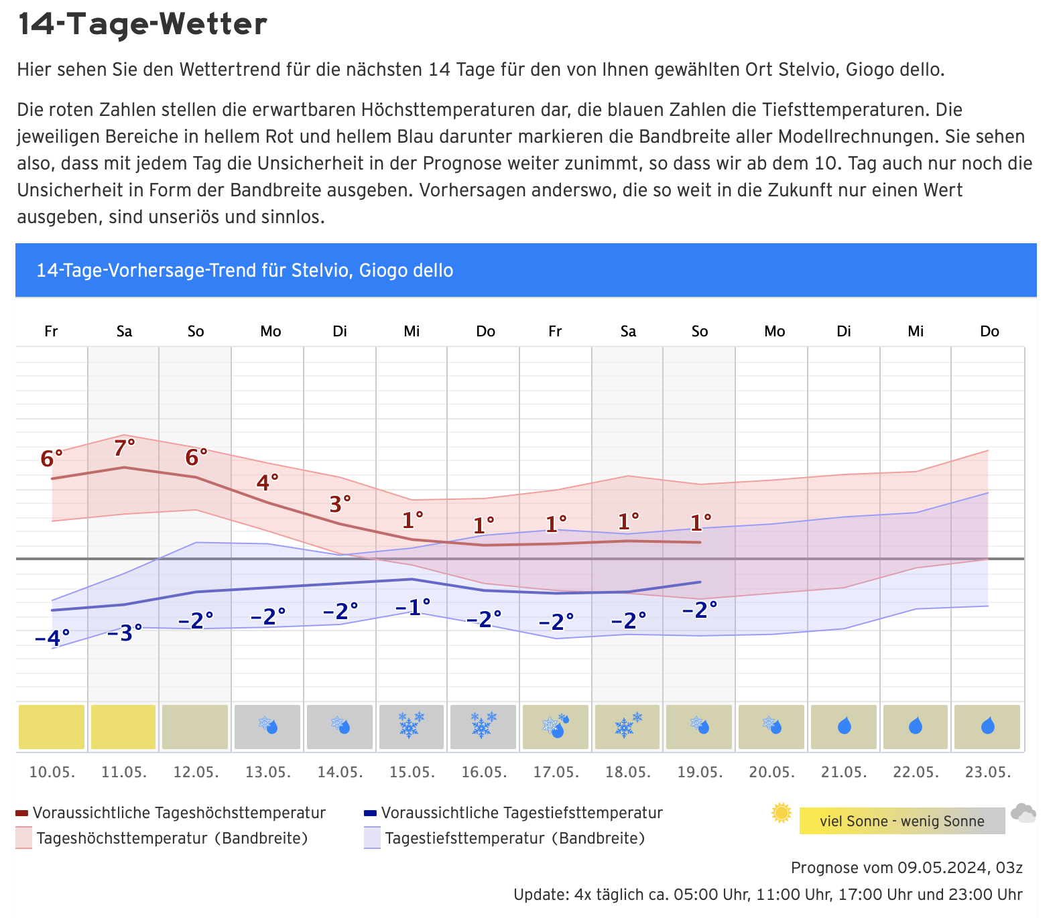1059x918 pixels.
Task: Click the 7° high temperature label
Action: (x=124, y=448)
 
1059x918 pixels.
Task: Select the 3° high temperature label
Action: (x=340, y=504)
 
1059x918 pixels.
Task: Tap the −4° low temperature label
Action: (x=52, y=638)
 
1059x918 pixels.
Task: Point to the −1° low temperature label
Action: (x=412, y=607)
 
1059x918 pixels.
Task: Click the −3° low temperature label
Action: (x=125, y=633)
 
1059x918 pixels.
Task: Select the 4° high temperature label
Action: (x=267, y=482)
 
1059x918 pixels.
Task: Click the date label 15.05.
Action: (x=412, y=772)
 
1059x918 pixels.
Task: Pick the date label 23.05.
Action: (x=988, y=772)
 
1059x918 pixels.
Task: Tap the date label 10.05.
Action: (x=52, y=772)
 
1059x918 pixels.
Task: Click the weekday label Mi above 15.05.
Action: (x=412, y=331)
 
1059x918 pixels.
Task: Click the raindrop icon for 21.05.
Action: (x=844, y=726)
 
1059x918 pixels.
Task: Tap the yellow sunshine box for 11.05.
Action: (x=123, y=726)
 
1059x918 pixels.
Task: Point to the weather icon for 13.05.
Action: (x=268, y=725)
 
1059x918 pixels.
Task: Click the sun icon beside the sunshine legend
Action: (x=782, y=813)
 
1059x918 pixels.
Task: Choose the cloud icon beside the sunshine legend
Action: (x=1023, y=813)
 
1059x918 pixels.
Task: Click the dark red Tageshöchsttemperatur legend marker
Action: (x=21, y=813)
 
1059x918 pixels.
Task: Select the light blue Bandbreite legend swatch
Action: (x=372, y=838)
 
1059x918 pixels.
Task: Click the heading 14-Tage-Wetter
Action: (x=142, y=24)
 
